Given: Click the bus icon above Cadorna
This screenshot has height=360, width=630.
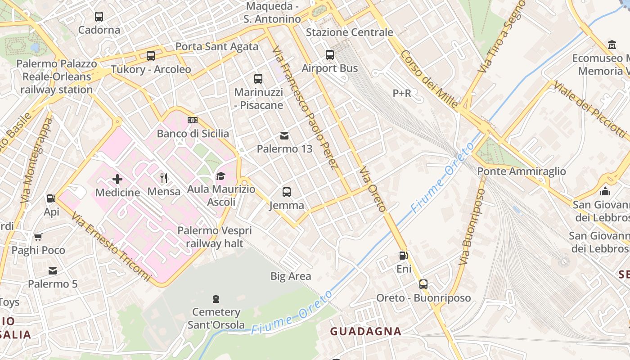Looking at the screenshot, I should [x=99, y=17].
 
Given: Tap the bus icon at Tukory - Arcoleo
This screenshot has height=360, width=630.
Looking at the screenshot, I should [x=151, y=56].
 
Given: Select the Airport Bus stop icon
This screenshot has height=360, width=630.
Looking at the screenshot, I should [x=330, y=55].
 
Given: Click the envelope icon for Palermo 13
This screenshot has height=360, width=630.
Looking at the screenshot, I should [x=284, y=135].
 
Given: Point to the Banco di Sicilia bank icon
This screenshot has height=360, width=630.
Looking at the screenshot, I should [x=193, y=120].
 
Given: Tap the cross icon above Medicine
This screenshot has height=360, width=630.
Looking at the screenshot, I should [x=117, y=179].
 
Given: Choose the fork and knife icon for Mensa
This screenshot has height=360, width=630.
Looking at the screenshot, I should [x=164, y=178].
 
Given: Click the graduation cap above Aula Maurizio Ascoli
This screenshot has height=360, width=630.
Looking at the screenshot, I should [x=220, y=176].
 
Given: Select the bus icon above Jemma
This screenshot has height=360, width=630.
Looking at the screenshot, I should [x=287, y=192].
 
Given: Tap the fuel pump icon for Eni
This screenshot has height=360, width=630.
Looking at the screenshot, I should [x=404, y=256].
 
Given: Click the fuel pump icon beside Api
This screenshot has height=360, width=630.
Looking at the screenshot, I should [x=51, y=198].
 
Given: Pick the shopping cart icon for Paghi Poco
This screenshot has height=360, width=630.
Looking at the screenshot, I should [x=38, y=237].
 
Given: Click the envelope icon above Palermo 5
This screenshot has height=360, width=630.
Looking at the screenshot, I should [x=53, y=270].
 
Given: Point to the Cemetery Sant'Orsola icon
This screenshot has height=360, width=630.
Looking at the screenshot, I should [x=216, y=299].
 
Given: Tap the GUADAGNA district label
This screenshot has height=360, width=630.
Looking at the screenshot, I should [x=365, y=332].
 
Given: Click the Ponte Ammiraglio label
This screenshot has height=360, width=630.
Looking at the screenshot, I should [x=521, y=171].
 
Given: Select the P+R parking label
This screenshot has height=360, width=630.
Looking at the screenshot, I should [x=402, y=94].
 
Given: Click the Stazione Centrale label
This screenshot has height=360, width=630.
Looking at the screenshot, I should [x=349, y=32].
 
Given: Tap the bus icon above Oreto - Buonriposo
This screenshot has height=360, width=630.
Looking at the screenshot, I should [x=423, y=284].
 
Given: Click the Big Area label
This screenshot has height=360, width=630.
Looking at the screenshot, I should [x=290, y=276].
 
